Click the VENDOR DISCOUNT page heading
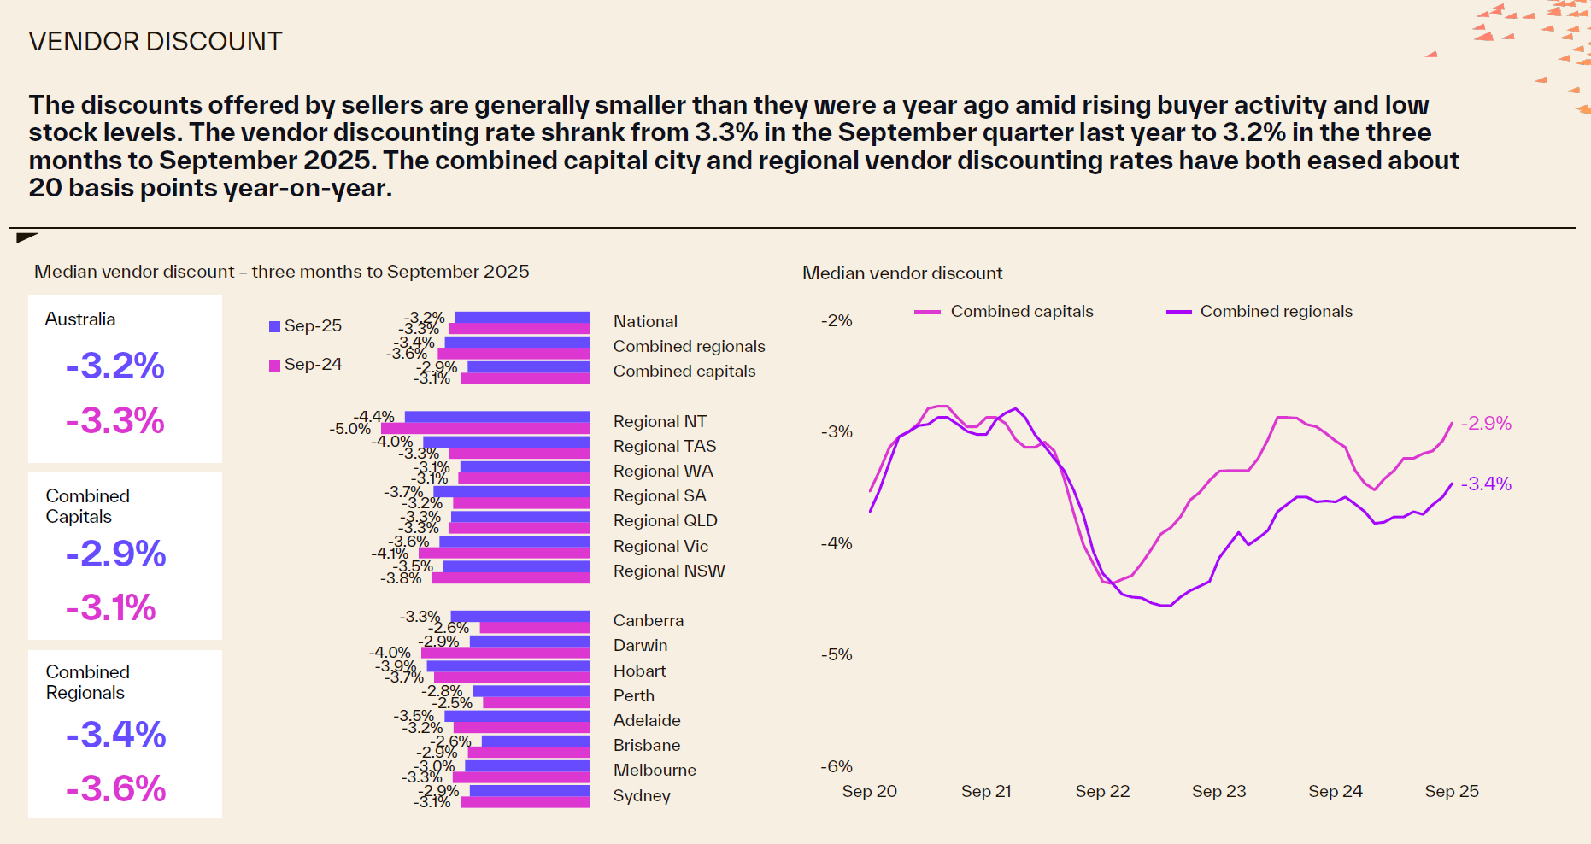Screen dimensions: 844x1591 [x=155, y=42]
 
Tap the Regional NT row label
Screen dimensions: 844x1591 [x=660, y=421]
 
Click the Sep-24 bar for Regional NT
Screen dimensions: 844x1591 [x=485, y=429]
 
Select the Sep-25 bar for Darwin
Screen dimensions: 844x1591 [x=530, y=641]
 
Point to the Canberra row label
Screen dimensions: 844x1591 [x=648, y=620]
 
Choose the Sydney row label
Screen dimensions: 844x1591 [x=642, y=795]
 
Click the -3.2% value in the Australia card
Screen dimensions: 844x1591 [x=115, y=366]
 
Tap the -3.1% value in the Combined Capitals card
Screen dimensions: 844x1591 [x=111, y=608]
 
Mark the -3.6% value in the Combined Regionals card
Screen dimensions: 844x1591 [x=115, y=788]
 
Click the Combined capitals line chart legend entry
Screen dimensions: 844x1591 [x=1004, y=312]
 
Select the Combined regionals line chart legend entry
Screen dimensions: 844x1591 [x=1259, y=312]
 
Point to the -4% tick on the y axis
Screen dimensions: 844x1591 [x=837, y=543]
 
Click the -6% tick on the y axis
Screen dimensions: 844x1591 [x=837, y=766]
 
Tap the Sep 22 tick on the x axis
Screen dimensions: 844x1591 [x=1102, y=791]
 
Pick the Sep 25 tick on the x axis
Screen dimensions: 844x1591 [x=1451, y=791]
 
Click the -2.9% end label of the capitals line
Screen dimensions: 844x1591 [x=1486, y=423]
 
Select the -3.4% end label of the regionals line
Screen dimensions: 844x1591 [x=1486, y=484]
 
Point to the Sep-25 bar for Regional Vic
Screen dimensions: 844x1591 [x=514, y=542]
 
